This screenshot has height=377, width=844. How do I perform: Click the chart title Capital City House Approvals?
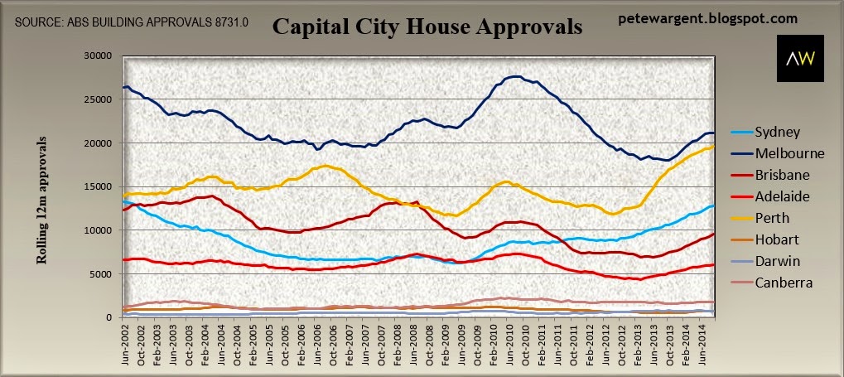coord(427,28)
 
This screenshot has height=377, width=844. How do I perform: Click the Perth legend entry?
coord(774,219)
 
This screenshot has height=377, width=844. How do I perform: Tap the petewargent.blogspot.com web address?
coord(708,17)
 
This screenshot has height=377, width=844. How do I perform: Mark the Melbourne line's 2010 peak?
coord(514,76)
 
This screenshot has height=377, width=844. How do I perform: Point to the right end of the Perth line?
coord(715,146)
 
